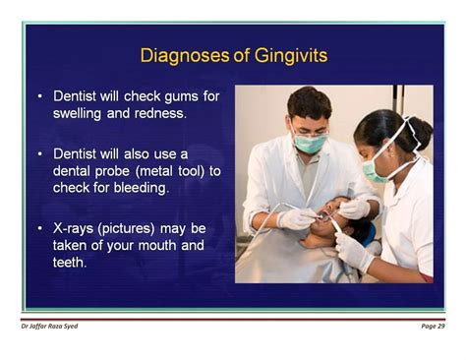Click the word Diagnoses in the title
[x=182, y=56]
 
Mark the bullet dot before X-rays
[x=39, y=228]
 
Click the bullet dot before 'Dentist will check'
[x=39, y=96]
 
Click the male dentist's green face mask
[x=312, y=144]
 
